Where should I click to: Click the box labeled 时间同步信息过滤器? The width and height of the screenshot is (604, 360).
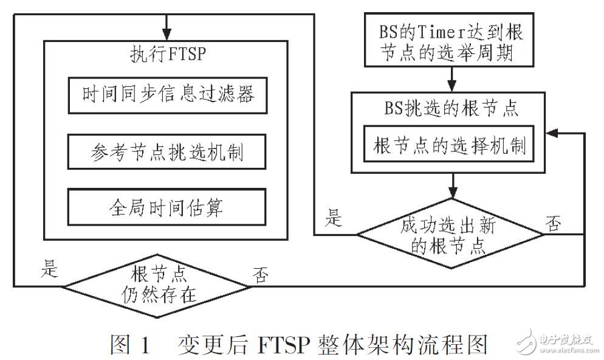[x=167, y=95]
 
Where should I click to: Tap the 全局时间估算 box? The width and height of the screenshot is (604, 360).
[x=167, y=208]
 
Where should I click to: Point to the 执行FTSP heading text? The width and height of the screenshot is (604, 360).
[x=168, y=54]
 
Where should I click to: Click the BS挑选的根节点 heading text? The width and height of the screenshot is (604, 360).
[x=450, y=109]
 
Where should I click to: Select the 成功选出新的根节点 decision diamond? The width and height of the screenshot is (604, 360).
[x=450, y=234]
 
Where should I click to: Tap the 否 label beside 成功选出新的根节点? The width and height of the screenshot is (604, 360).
[x=553, y=224]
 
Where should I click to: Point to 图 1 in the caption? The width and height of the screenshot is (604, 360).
[x=129, y=344]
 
